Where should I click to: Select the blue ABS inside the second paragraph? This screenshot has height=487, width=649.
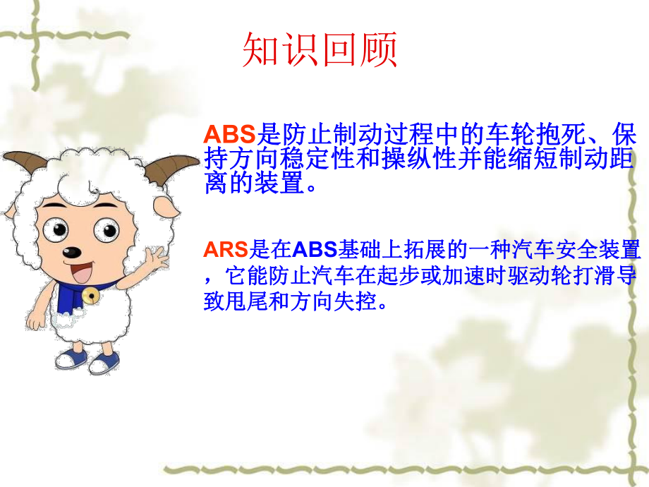[x=316, y=250]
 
